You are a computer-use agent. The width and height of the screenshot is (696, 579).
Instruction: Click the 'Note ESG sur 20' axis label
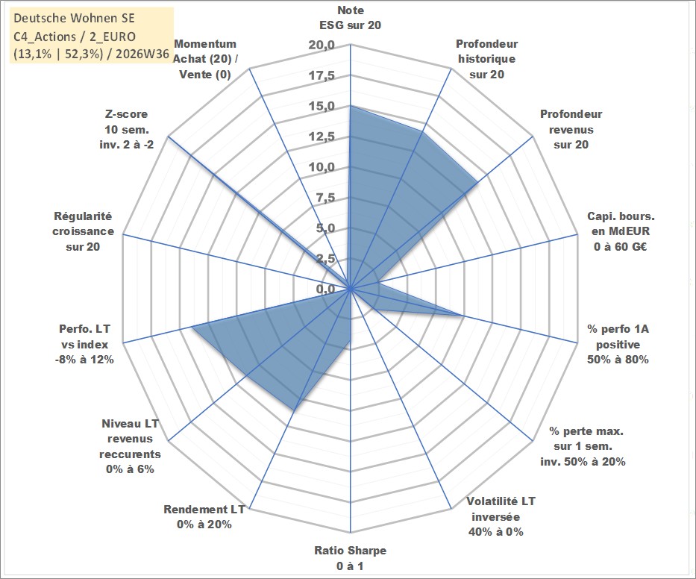tap(350, 18)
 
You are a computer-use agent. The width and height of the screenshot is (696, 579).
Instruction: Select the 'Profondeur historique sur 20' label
tap(486, 59)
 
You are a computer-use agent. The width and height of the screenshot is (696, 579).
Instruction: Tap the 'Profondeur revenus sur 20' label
tap(571, 129)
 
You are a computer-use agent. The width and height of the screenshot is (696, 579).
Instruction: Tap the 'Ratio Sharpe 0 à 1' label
tap(350, 558)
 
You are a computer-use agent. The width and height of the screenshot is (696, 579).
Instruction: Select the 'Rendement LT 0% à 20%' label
tap(204, 517)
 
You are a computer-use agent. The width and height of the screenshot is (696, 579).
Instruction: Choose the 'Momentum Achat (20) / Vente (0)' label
tap(205, 59)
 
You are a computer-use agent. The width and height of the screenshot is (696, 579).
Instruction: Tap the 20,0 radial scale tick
tap(322, 46)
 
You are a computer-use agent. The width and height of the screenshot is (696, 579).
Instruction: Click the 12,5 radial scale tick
tap(322, 137)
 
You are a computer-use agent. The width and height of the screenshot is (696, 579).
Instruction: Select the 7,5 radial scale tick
tap(325, 198)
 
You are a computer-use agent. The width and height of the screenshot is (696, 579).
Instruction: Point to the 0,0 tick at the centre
tap(326, 289)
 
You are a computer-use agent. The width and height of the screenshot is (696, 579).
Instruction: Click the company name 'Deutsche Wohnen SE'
tap(74, 18)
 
